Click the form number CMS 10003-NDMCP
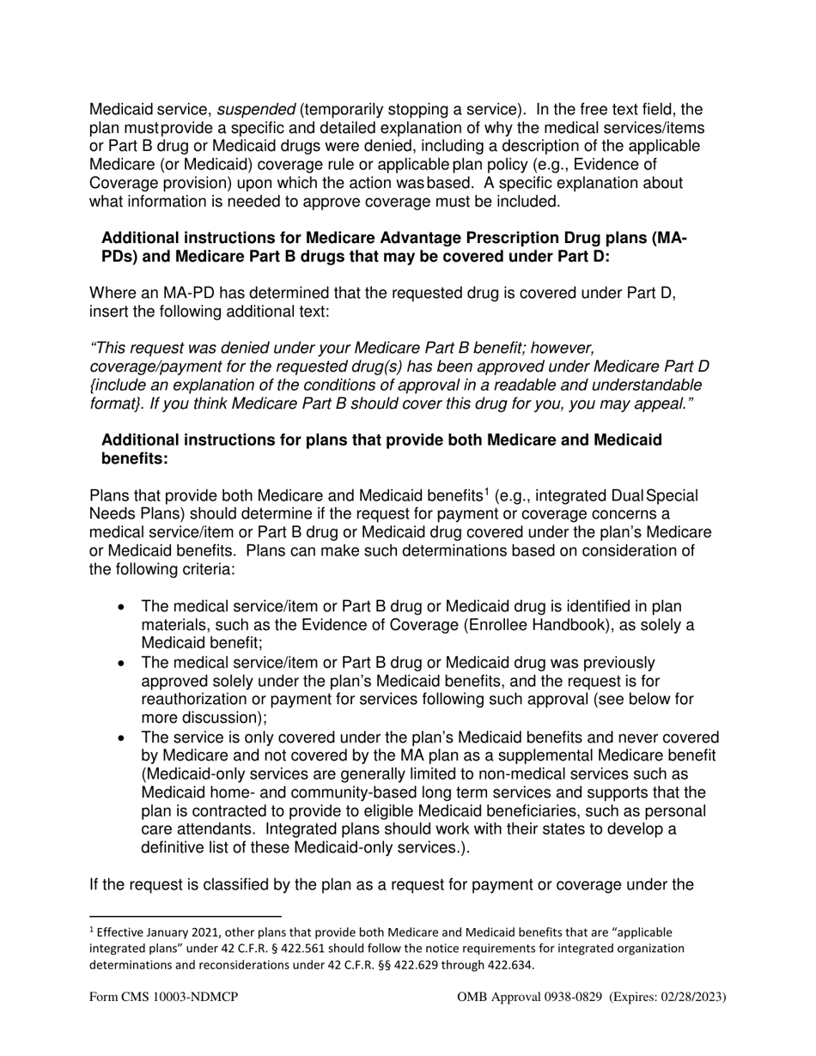[163, 997]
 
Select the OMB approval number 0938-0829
[575, 997]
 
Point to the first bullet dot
[122, 608]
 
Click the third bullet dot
[122, 737]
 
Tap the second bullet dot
[122, 664]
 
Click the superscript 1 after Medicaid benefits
[486, 492]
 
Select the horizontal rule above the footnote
[186, 916]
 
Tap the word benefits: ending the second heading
[135, 459]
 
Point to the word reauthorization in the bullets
[192, 700]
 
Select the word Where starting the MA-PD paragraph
[111, 294]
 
